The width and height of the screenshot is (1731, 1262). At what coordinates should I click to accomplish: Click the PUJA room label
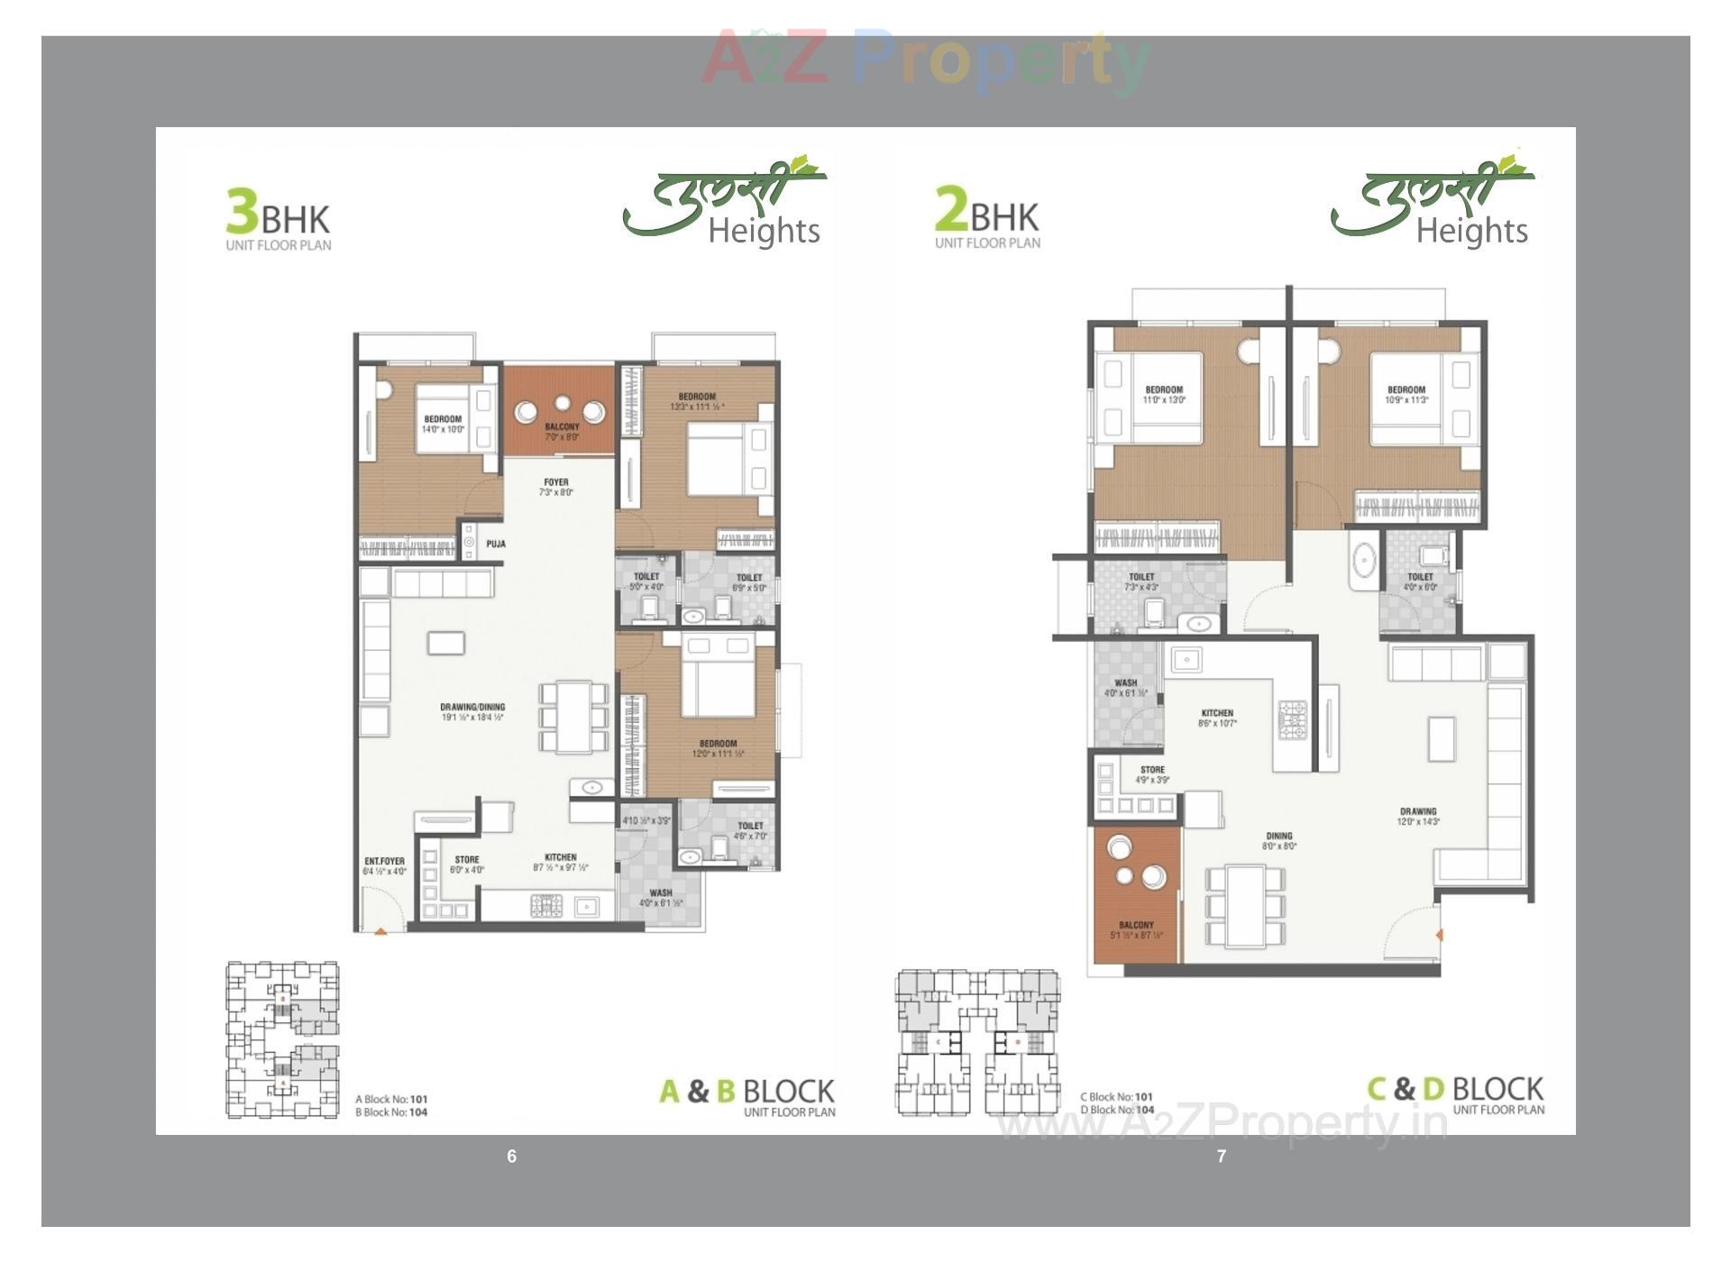(x=496, y=544)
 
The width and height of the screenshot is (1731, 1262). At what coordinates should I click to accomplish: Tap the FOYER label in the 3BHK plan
(x=556, y=487)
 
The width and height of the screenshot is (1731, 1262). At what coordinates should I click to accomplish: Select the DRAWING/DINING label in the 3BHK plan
(x=472, y=712)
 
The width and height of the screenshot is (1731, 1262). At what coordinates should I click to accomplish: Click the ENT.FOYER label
(x=385, y=866)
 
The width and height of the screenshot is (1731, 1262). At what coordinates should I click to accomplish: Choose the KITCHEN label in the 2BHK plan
(x=1217, y=718)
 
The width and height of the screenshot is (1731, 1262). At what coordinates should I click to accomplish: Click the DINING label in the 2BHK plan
(x=1278, y=841)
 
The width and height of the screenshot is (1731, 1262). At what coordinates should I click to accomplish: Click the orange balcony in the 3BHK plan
(x=559, y=410)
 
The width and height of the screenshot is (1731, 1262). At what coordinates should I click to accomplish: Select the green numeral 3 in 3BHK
(x=242, y=212)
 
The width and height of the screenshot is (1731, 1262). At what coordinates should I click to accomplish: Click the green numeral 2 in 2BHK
(x=951, y=209)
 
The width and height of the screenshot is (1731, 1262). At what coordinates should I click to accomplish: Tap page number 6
(x=512, y=1157)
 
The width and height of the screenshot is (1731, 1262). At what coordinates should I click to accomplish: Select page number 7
(x=1222, y=1157)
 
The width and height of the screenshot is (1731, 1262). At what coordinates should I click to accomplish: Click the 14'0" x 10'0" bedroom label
(x=443, y=425)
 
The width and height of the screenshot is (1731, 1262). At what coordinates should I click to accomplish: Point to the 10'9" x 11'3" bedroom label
(x=1406, y=395)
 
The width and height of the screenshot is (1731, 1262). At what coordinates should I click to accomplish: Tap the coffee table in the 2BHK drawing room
(x=1442, y=738)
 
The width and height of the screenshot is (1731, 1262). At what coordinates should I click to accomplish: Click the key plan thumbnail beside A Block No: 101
(x=282, y=1039)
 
